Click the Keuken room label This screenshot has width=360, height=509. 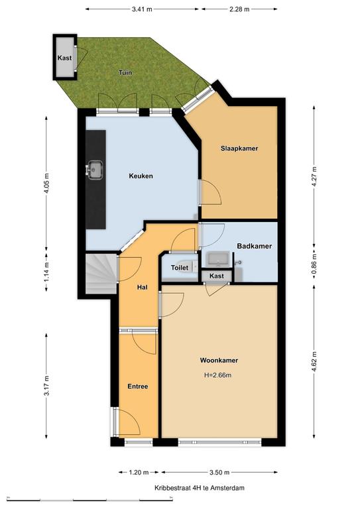(141, 176)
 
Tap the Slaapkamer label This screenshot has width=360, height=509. (239, 148)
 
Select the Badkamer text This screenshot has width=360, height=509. (254, 246)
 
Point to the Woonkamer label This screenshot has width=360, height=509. (219, 361)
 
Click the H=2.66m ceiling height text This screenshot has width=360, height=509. (218, 375)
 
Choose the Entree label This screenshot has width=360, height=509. (138, 386)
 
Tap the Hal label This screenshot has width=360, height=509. (142, 287)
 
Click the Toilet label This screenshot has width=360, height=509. (180, 268)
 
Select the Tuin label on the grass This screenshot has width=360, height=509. (125, 72)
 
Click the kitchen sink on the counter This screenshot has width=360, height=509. (95, 169)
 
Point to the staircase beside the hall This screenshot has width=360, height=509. (101, 274)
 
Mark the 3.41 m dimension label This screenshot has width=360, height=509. (142, 9)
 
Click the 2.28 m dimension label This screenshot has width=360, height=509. (239, 9)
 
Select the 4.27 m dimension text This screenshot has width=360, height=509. (314, 176)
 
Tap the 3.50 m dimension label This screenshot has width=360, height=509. (219, 473)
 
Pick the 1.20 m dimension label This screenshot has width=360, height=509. (139, 473)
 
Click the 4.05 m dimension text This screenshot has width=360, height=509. (47, 183)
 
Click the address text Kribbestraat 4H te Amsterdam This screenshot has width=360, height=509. (200, 488)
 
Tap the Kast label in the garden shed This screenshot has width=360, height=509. (64, 58)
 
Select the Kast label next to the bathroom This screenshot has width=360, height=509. (217, 276)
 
